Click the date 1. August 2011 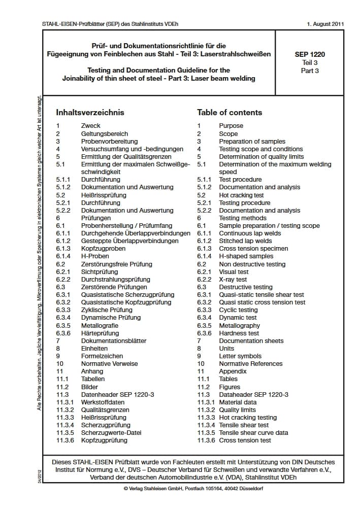point(325,24)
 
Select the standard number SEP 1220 point(310,54)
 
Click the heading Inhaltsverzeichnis point(90,113)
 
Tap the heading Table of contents point(230,113)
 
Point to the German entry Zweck point(91,126)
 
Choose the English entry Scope point(228,133)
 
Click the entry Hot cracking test point(241,195)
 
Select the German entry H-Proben point(95,256)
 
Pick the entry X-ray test point(233,280)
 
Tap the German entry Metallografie point(100,325)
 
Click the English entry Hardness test point(239,333)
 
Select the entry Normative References point(251,364)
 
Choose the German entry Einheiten point(94,349)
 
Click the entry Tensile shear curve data point(253,433)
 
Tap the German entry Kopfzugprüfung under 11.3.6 point(104,440)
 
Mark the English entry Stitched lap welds point(245,241)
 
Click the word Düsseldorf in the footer point(249,489)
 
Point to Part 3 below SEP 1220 point(310,71)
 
